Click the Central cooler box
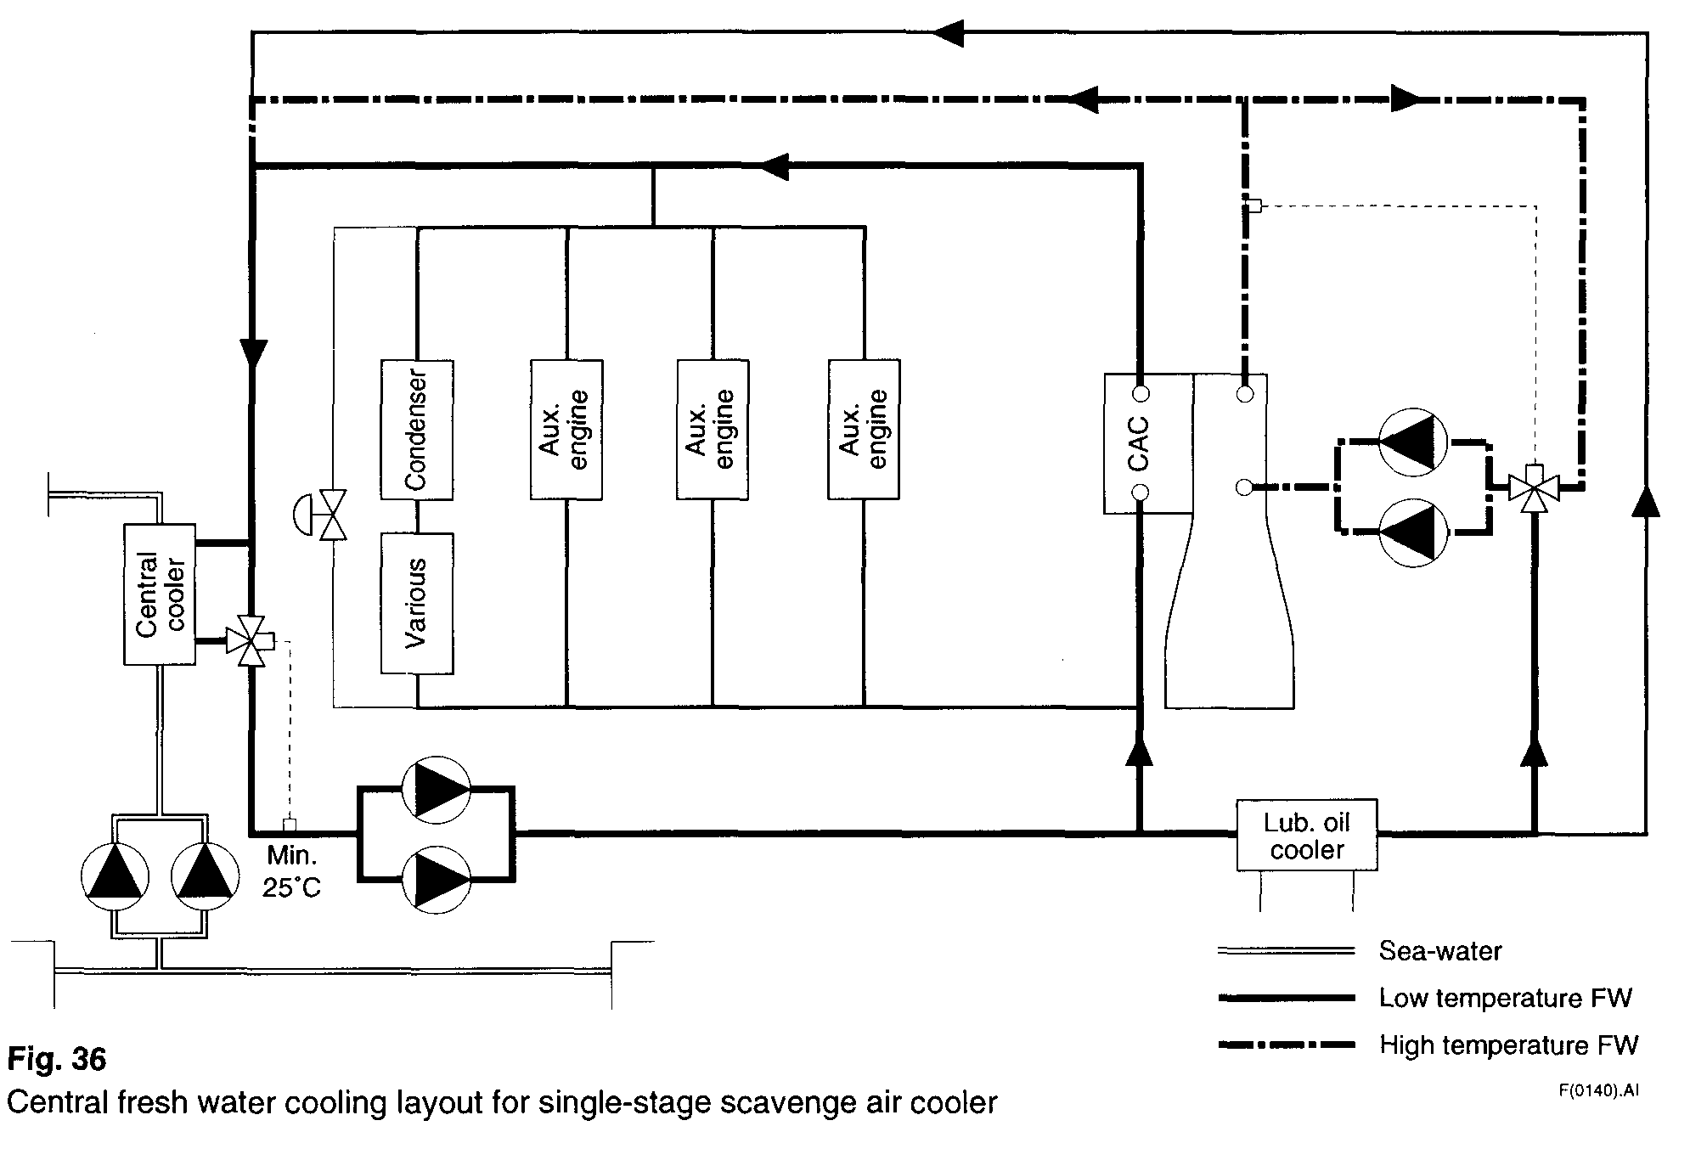coord(160,594)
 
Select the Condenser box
coord(416,430)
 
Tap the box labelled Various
coord(416,603)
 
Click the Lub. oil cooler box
coord(1306,836)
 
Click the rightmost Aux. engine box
coord(864,430)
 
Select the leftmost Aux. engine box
coord(566,430)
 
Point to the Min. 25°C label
coord(291,870)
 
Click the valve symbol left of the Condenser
coord(331,515)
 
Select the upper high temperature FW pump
coord(1413,442)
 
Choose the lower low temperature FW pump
coord(436,879)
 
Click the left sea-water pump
coord(115,876)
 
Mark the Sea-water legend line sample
coord(1286,950)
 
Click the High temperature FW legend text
coord(1508,1045)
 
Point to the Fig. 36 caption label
coord(57,1060)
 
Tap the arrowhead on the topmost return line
coord(949,32)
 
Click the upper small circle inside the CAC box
coord(1141,394)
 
